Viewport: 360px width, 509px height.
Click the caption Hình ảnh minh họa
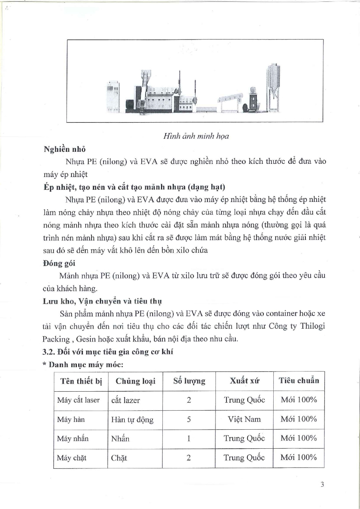[196, 136]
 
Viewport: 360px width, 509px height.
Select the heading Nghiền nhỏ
[64, 149]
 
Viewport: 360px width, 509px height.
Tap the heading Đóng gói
[59, 263]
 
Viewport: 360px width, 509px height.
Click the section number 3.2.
[49, 352]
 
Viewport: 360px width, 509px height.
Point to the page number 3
[322, 485]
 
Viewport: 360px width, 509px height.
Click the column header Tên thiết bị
[81, 381]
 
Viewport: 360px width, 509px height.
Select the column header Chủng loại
[135, 381]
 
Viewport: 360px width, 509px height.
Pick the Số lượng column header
[189, 381]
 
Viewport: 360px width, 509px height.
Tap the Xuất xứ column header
[244, 381]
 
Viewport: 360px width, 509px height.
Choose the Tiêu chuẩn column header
[299, 380]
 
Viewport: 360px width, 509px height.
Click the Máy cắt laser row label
[78, 400]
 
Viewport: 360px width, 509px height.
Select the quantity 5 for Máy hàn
[189, 419]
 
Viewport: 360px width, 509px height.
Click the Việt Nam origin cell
[244, 419]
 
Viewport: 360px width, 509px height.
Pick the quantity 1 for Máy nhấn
[189, 438]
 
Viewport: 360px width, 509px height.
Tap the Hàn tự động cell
[132, 420]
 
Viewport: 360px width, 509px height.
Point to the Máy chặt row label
[71, 458]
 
